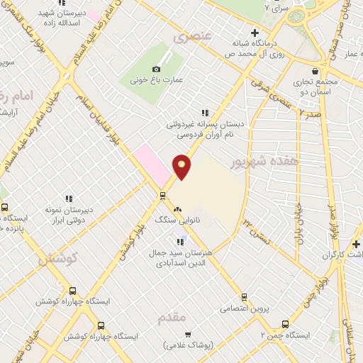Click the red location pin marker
(182, 166)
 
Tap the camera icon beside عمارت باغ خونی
(156, 69)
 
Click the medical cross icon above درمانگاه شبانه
(255, 33)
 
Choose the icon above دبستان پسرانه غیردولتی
(205, 113)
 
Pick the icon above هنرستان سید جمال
(180, 242)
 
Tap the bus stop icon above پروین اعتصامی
(245, 297)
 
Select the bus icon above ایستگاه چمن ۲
(285, 323)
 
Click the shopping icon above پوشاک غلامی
(188, 334)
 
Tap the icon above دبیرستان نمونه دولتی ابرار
(69, 199)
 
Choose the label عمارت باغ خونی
(157, 80)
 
